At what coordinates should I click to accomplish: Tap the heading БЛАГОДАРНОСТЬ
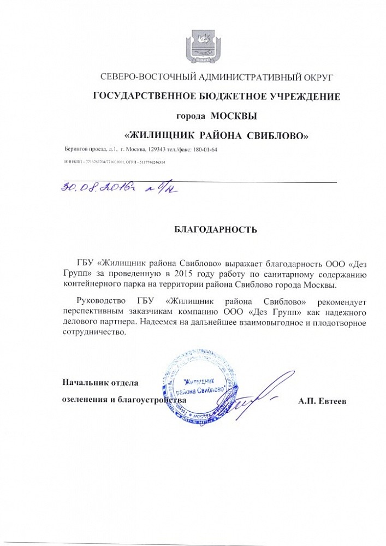click(x=215, y=230)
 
